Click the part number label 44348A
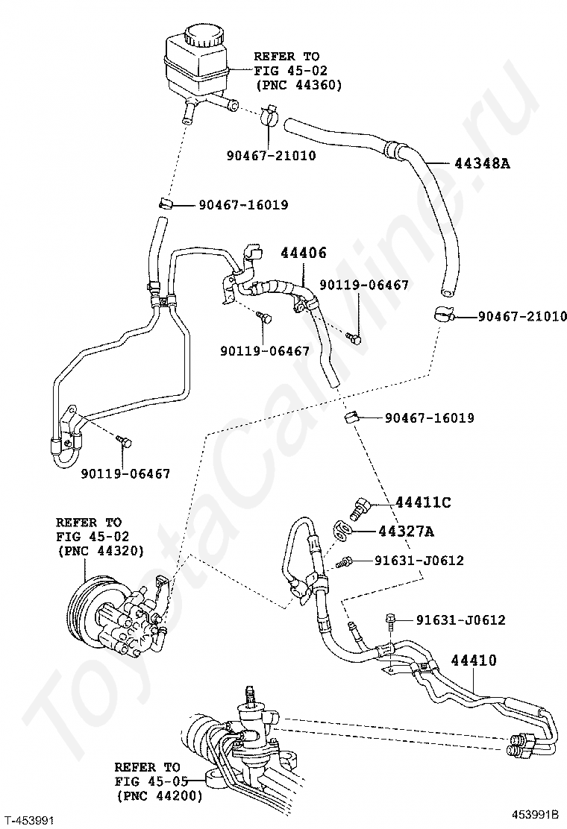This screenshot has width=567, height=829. pyautogui.click(x=482, y=163)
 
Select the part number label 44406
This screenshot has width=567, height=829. pyautogui.click(x=304, y=253)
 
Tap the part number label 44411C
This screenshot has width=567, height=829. pyautogui.click(x=423, y=502)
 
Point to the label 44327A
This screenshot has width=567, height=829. pyautogui.click(x=406, y=531)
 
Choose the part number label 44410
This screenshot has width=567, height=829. pyautogui.click(x=474, y=661)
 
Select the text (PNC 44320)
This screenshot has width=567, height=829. pyautogui.click(x=100, y=550)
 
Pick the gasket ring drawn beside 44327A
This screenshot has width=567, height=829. pyautogui.click(x=342, y=532)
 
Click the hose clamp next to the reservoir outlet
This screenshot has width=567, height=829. pyautogui.click(x=268, y=117)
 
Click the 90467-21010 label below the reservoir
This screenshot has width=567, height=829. pyautogui.click(x=272, y=155)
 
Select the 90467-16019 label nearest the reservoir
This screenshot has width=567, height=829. pyautogui.click(x=244, y=204)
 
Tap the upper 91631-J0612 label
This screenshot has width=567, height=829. pyautogui.click(x=419, y=560)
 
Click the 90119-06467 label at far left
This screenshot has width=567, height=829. pyautogui.click(x=125, y=473)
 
